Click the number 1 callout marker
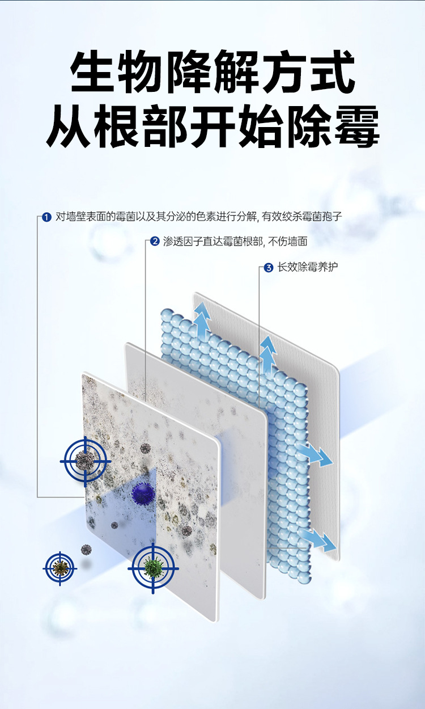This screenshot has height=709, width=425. pos(48,217)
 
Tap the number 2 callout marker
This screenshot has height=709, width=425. pos(155,242)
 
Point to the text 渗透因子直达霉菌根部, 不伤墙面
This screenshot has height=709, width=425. pos(235,242)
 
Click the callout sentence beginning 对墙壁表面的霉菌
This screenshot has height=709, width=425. pos(199,217)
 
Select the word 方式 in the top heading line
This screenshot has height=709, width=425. pos(308,73)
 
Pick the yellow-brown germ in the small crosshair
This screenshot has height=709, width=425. pos(60,567)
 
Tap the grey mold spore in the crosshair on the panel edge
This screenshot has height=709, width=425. pos(86,461)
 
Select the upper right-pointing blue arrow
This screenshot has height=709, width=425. pos(314,454)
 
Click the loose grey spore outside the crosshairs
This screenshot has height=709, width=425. pos(86,549)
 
